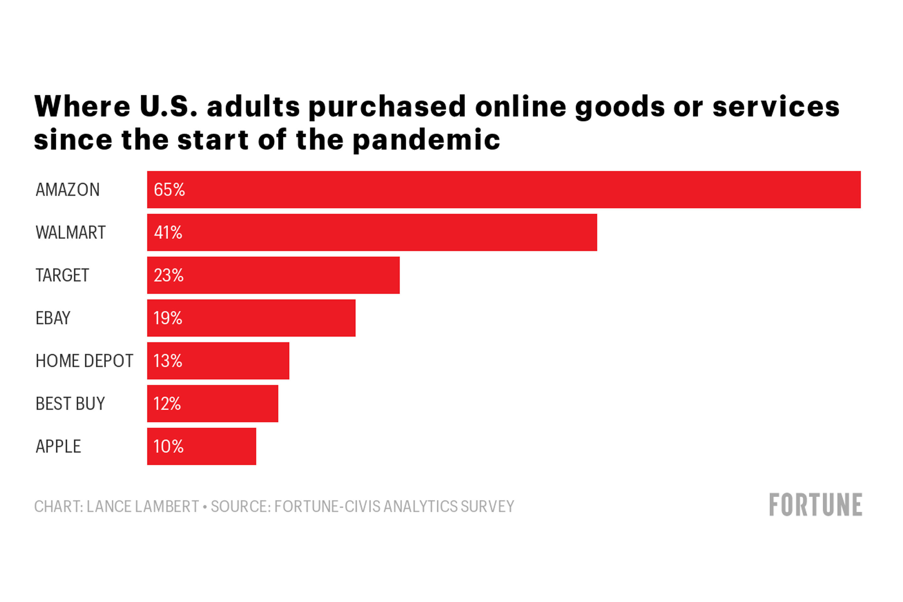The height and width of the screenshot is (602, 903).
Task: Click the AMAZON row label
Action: [x=68, y=190]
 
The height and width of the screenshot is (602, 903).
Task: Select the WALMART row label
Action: [x=71, y=233]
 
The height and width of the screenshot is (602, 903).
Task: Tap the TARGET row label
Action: [x=62, y=275]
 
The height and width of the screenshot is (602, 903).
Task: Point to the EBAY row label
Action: [x=53, y=318]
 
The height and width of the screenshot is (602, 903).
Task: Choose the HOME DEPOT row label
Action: [x=84, y=361]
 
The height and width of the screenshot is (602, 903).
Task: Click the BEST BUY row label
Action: [x=70, y=404]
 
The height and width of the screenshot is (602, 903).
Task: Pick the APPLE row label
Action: [x=58, y=446]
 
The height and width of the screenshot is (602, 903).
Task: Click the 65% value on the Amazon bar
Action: [x=169, y=190]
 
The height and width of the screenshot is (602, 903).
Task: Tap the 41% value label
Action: [x=168, y=233]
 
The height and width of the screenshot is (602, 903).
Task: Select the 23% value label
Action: [x=169, y=275]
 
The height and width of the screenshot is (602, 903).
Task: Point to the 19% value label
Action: [x=168, y=318]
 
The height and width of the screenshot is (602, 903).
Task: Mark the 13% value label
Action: [x=168, y=361]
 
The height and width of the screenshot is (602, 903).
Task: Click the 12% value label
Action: [x=167, y=404]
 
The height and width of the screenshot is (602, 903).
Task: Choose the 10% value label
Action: [x=169, y=446]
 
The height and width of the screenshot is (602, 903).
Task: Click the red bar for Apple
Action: [x=219, y=446]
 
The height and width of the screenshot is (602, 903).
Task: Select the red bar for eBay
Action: [x=269, y=318]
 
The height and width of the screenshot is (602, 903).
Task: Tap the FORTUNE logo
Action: [x=816, y=505]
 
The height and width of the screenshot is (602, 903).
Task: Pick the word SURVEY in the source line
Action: [x=488, y=506]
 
